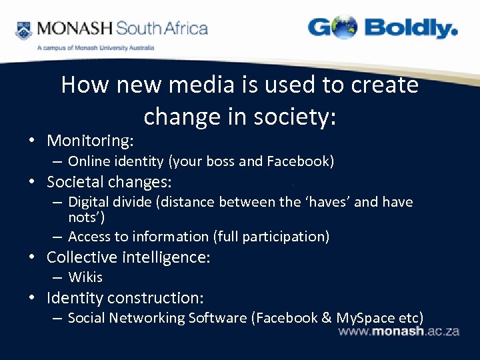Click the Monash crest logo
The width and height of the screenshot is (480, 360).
(24, 30)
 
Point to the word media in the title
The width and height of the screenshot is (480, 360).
(201, 85)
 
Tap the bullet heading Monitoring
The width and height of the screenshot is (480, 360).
(90, 141)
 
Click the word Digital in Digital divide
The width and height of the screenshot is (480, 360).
(89, 202)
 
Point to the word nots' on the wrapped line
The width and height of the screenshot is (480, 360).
(86, 217)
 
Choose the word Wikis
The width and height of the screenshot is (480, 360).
(85, 277)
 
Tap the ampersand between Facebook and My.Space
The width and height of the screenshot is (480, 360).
(326, 318)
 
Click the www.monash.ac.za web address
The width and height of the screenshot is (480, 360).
(399, 331)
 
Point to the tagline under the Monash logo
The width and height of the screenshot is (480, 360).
(95, 48)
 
